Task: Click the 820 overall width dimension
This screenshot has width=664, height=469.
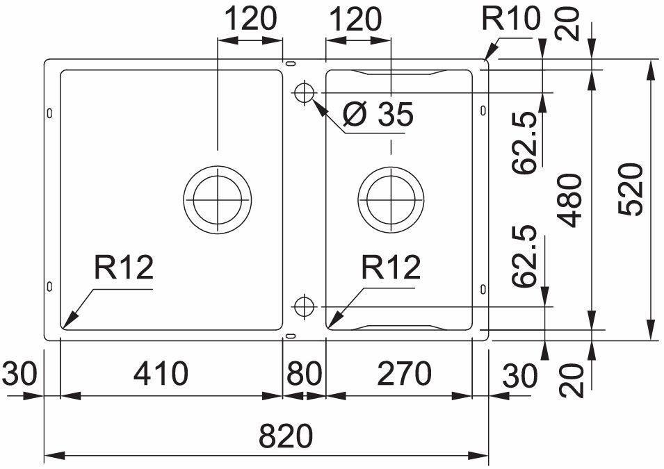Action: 286,438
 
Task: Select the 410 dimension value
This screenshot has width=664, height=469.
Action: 161,375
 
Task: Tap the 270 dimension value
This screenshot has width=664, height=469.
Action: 403,375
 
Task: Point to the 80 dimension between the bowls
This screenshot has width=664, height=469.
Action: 304,375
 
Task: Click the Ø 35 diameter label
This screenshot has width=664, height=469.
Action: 379,115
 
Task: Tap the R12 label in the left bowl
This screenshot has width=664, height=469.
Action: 123,268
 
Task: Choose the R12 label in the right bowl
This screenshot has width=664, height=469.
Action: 391,268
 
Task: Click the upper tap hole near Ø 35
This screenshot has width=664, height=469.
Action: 304,92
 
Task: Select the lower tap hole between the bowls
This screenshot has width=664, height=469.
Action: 304,306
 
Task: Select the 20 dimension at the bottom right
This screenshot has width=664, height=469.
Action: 572,379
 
